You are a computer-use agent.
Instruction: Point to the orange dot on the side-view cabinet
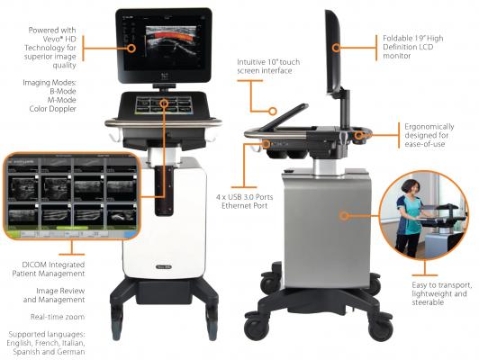342,215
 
